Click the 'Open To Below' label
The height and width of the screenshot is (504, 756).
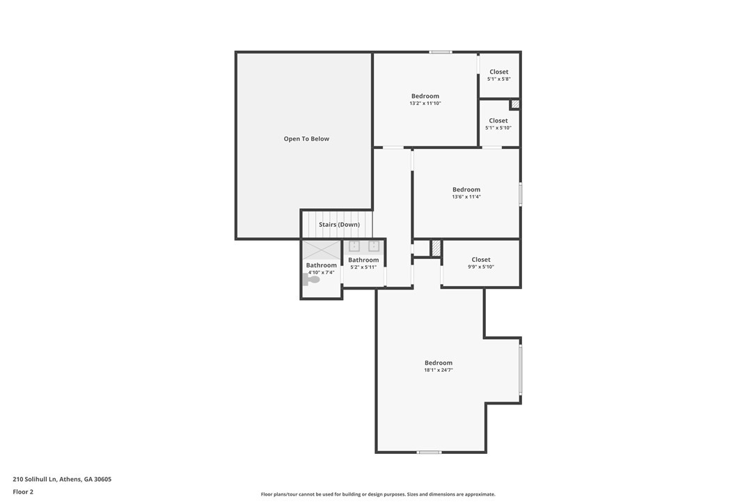click(306, 139)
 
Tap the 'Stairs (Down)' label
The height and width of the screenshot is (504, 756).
click(339, 225)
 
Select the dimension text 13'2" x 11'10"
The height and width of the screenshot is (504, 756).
click(425, 103)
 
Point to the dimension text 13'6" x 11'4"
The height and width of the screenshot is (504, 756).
click(466, 197)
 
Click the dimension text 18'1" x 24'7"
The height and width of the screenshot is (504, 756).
click(439, 370)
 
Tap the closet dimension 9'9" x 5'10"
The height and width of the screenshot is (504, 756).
click(481, 267)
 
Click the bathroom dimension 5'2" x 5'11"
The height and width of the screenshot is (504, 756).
click(363, 267)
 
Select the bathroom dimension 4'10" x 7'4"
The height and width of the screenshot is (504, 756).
click(321, 272)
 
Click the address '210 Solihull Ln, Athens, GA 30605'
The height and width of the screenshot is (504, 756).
click(62, 479)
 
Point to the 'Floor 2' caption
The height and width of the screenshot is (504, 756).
click(23, 491)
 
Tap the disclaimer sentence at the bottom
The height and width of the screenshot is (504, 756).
click(378, 494)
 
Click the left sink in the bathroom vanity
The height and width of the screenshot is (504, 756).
click(354, 246)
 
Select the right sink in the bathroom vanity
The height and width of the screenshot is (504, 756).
click(373, 246)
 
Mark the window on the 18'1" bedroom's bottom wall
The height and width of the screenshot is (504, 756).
click(429, 452)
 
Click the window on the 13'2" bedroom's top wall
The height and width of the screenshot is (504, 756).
click(440, 52)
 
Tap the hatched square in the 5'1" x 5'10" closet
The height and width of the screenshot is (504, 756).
click(515, 104)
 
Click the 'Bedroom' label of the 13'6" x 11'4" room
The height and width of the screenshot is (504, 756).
click(466, 189)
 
